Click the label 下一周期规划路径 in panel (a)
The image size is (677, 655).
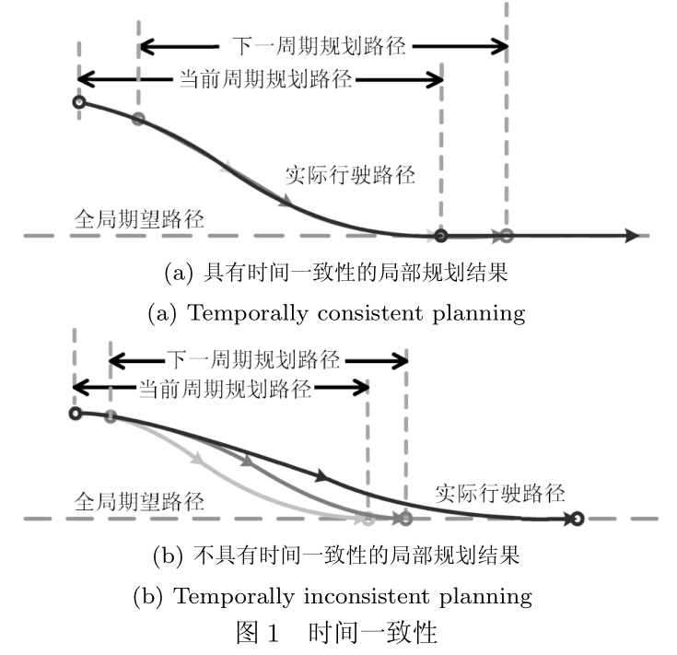[x=319, y=46]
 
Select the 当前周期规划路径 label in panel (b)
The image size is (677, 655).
[x=225, y=389]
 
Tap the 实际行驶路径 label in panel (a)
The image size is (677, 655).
[x=350, y=175]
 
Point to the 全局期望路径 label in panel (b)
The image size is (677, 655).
[x=139, y=502]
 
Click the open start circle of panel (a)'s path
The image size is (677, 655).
[x=79, y=102]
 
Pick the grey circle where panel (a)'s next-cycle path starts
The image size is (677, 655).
[x=138, y=119]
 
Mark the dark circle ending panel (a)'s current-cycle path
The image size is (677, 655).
[x=441, y=236]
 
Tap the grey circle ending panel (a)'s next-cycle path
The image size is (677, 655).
[x=507, y=236]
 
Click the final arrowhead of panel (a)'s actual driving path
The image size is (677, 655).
[x=632, y=236]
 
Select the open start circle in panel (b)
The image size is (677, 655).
[x=76, y=414]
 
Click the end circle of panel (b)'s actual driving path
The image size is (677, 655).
[x=578, y=519]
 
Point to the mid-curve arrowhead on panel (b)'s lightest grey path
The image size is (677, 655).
[x=197, y=458]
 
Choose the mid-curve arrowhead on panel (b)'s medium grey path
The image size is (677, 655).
[x=247, y=461]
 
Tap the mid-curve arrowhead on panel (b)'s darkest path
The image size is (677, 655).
[x=321, y=475]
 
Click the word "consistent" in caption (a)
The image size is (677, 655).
[x=370, y=313]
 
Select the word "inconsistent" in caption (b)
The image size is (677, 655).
[x=367, y=596]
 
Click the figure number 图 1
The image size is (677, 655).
[x=257, y=633]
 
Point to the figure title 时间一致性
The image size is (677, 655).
[x=373, y=633]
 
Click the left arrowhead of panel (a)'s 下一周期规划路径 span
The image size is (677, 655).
[x=146, y=46]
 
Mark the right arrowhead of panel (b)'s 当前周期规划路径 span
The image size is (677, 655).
[x=361, y=387]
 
